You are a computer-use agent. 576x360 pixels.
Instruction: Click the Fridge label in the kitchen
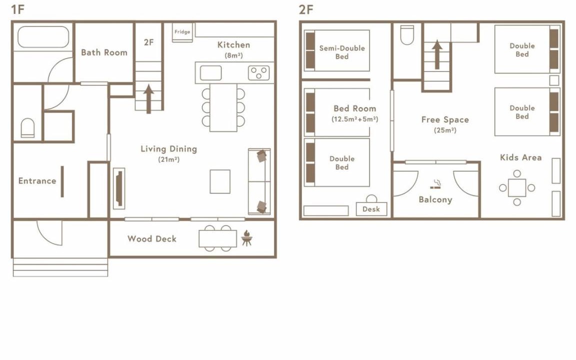(182, 32)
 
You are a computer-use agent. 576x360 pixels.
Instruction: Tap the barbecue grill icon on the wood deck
(247, 238)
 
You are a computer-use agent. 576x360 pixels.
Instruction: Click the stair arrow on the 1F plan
(148, 99)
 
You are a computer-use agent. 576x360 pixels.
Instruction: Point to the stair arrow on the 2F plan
(437, 54)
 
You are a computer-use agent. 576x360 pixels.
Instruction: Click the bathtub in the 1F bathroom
(43, 36)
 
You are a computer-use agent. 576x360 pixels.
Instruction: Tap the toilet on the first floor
(27, 128)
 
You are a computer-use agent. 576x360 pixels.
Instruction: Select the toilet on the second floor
(407, 35)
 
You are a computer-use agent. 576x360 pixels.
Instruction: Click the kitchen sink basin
(211, 72)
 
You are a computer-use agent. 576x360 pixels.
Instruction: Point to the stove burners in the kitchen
(259, 72)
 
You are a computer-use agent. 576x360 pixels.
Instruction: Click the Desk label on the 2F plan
(371, 209)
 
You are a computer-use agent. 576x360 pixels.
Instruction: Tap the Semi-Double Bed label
(342, 52)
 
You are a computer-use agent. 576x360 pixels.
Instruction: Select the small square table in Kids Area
(517, 187)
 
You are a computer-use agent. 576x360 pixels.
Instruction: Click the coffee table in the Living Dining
(220, 181)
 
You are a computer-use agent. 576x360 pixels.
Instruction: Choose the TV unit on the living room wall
(119, 188)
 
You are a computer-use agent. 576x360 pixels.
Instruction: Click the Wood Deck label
(152, 239)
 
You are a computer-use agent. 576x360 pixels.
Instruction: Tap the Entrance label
(37, 180)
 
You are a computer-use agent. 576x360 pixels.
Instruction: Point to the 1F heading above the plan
(17, 9)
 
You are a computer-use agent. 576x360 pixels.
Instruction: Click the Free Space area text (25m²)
(445, 130)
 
